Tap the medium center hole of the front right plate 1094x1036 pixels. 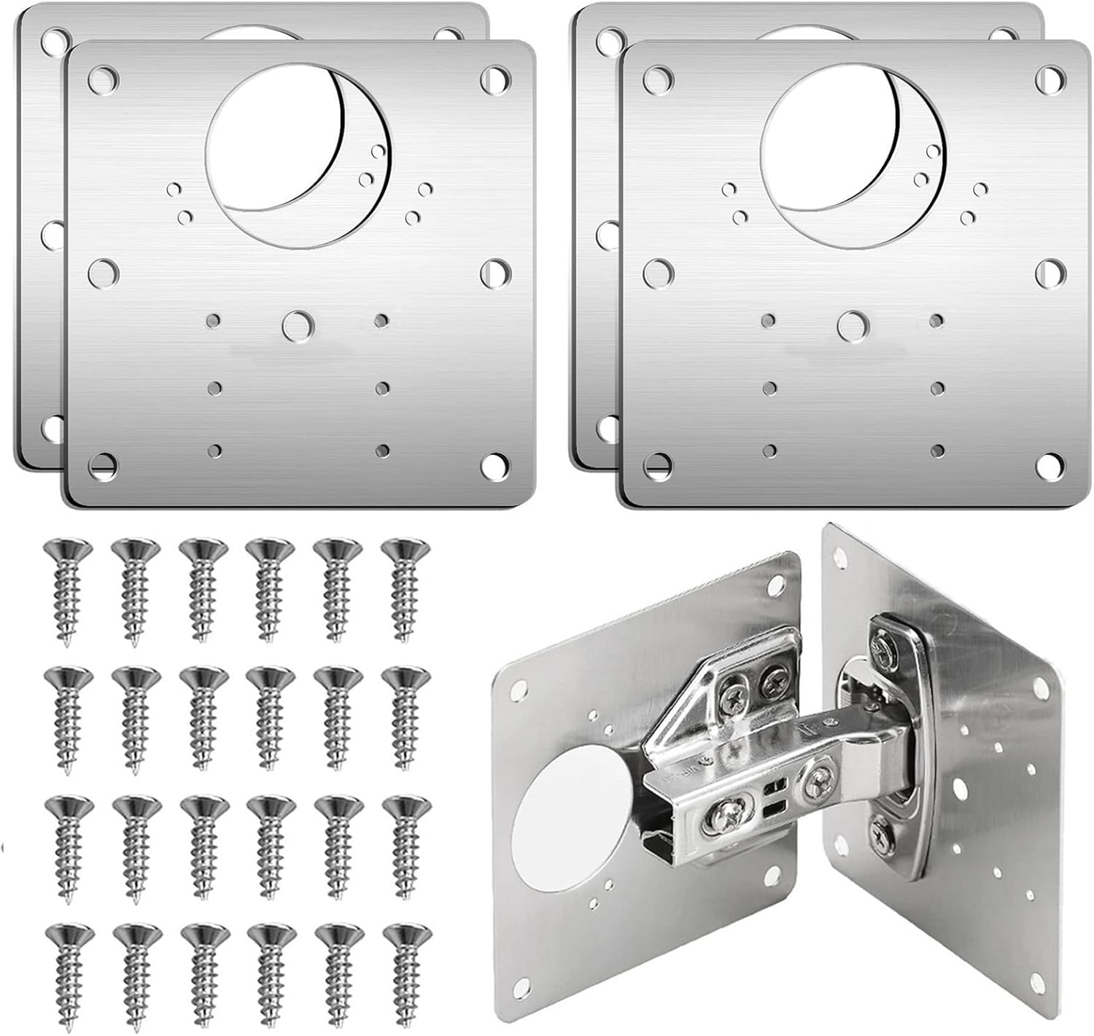pyautogui.click(x=851, y=325)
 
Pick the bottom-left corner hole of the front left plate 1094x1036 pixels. pyautogui.click(x=103, y=464)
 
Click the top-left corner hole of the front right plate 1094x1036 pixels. pyautogui.click(x=657, y=76)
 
